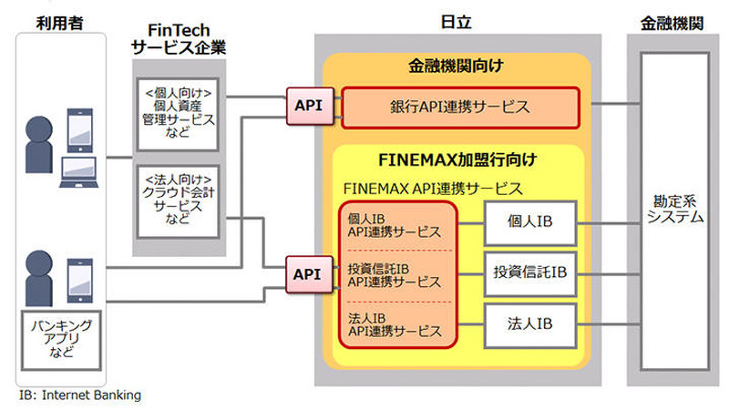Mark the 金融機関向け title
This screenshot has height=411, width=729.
pos(457,67)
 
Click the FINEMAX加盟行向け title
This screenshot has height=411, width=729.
pos(457,160)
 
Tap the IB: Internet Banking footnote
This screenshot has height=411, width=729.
pos(80,396)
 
